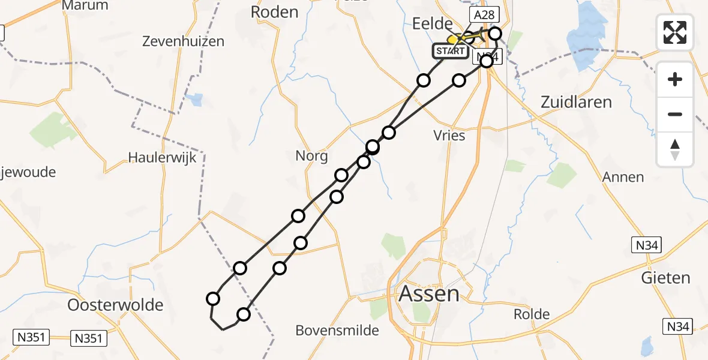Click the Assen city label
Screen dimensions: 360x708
pos(429,294)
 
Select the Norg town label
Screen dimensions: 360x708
pos(311,157)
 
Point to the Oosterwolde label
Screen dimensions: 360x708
pos(115,305)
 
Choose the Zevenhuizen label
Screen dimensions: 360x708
pos(183,41)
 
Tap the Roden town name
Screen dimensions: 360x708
pos(274,12)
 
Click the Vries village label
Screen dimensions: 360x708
pos(449,136)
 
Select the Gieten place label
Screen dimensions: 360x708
pos(665,278)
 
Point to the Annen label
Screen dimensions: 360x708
pos(623,177)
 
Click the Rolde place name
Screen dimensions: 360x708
pos(532,314)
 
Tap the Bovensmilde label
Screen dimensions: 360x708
pos(337,330)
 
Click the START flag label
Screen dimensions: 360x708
pos(450,51)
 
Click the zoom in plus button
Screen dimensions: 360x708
pos(675,79)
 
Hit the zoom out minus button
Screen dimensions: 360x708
pos(675,114)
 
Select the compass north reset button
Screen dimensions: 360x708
pos(675,149)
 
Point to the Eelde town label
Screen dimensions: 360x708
pos(431,24)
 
